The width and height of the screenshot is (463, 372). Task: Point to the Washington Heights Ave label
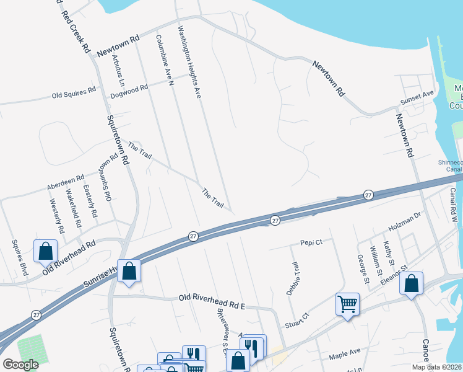coord(190,62)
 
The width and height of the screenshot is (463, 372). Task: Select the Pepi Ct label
coord(311,242)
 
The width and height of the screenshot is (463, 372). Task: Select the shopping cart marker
coord(348,304)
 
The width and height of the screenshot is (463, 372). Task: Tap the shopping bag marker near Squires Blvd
coord(45,251)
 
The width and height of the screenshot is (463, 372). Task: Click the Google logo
coord(20,365)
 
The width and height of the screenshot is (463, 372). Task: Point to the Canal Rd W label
coord(453,205)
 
